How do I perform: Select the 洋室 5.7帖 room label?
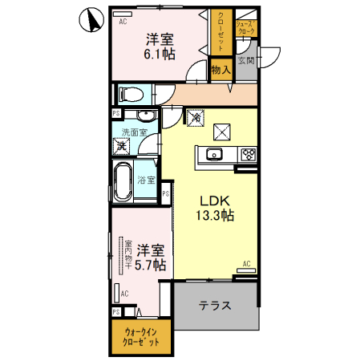149,257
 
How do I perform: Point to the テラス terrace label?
215,306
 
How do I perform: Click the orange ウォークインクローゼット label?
136,338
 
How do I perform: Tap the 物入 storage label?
221,71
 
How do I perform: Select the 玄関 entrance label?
245,61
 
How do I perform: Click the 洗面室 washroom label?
134,132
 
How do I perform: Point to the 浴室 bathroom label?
145,180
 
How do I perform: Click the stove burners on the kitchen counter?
246,155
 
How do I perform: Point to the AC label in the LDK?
245,264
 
